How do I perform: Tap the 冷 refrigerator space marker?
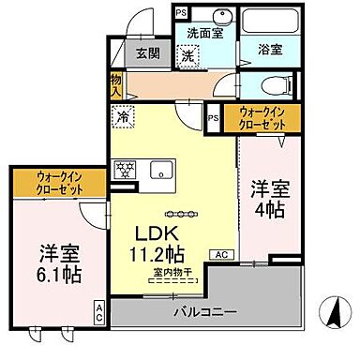[x=123, y=118]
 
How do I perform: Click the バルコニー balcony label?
[x=205, y=310]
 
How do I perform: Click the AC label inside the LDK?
[x=224, y=254]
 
